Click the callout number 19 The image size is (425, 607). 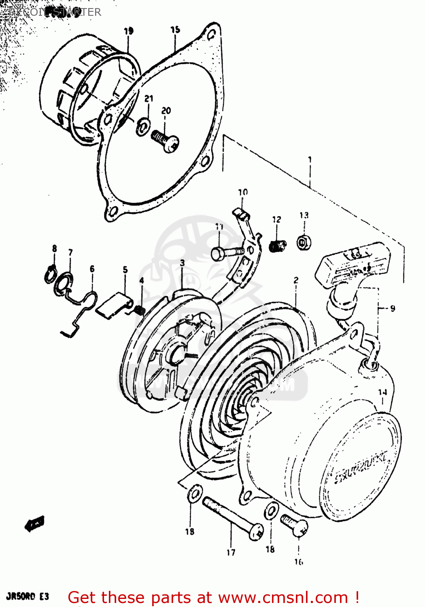[x=129, y=31]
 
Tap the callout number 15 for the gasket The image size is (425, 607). [x=175, y=30]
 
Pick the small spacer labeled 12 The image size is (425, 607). [x=278, y=245]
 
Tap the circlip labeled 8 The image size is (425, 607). [x=50, y=274]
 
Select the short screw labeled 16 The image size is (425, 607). [x=294, y=525]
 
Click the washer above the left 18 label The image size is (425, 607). [x=194, y=494]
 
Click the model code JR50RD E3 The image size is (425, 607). [x=28, y=596]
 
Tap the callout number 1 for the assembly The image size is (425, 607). [x=310, y=159]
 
